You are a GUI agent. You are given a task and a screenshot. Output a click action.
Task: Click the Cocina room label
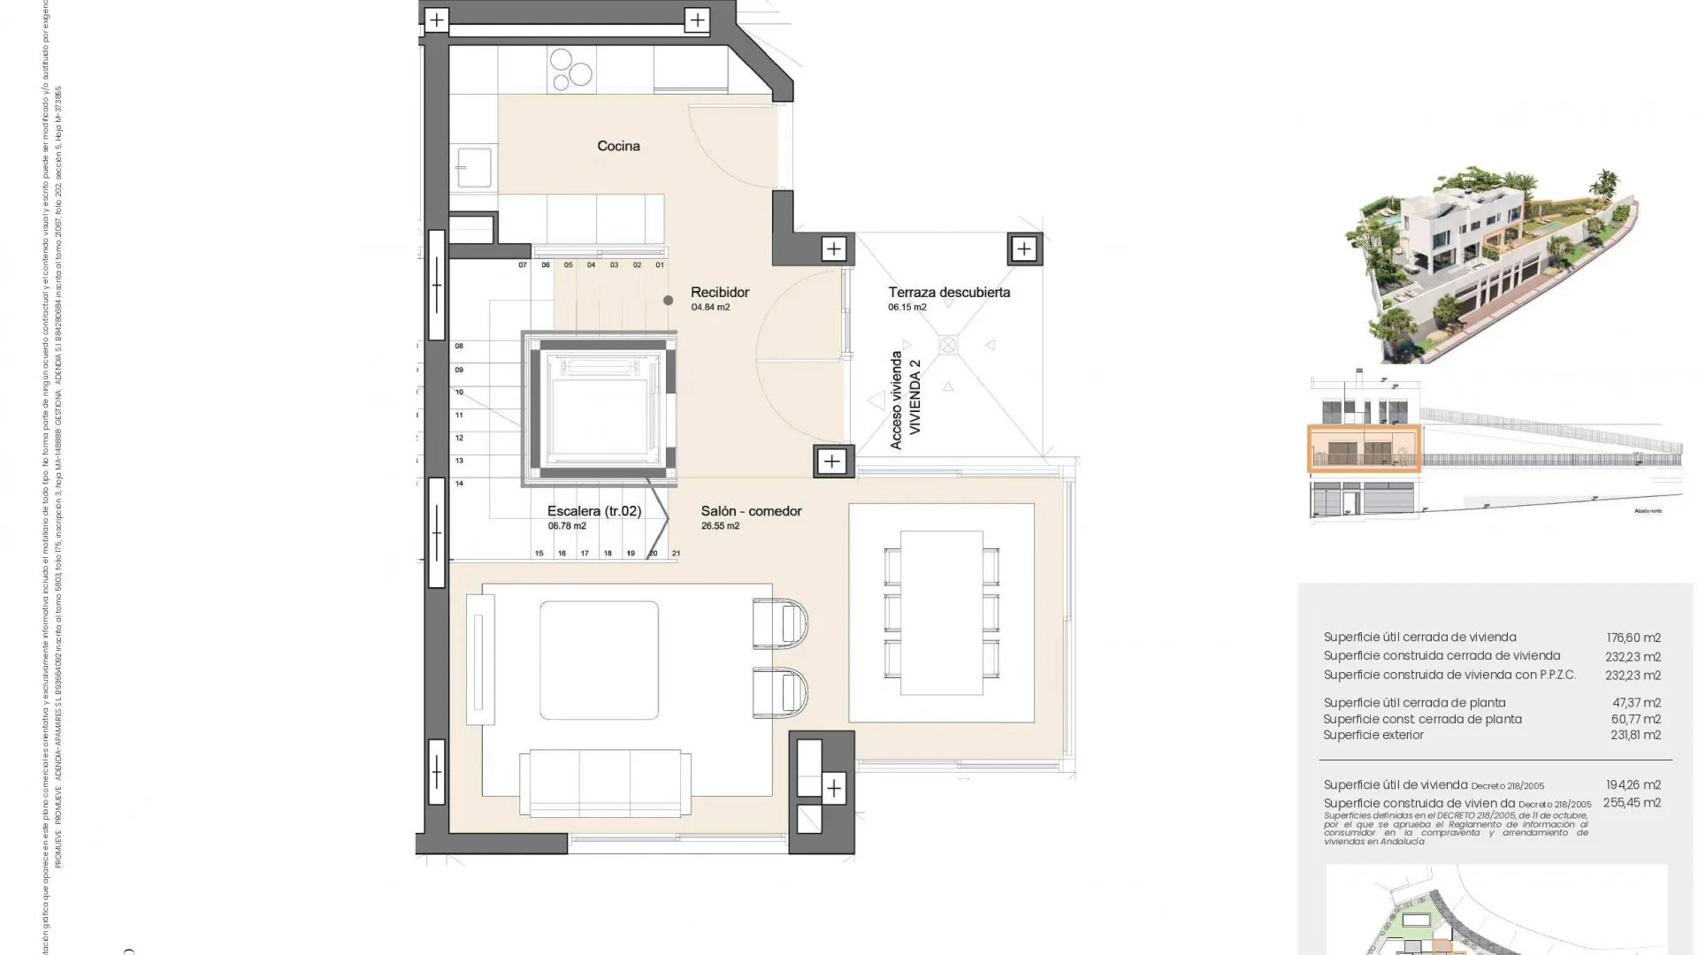tap(618, 146)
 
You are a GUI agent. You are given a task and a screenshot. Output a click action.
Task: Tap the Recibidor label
tap(720, 292)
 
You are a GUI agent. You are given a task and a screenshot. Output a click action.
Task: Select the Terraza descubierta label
tap(949, 292)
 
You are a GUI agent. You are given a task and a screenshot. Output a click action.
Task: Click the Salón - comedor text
tap(751, 511)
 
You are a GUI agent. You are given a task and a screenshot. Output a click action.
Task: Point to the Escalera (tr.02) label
tap(594, 511)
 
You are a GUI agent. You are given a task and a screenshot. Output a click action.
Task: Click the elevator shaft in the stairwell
tap(600, 409)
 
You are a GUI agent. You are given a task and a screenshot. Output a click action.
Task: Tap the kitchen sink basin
tap(473, 167)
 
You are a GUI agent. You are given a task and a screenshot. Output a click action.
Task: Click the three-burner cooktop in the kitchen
tap(570, 70)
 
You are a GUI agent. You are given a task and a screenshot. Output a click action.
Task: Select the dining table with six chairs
tap(941, 613)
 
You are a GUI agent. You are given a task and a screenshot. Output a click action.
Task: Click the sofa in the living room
tap(605, 781)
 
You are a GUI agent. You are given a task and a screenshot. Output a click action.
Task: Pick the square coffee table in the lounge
tap(599, 661)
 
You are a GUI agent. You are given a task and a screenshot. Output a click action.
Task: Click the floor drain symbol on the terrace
tap(948, 345)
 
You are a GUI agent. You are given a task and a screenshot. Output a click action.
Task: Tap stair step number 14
tap(459, 484)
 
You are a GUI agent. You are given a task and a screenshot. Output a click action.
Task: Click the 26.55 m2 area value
tap(720, 526)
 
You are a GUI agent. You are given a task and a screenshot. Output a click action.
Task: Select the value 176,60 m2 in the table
tap(1633, 638)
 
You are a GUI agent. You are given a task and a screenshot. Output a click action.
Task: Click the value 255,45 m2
tap(1633, 803)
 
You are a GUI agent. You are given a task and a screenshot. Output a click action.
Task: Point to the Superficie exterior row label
tap(1373, 735)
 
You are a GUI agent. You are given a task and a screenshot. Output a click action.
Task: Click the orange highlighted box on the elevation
tap(1364, 449)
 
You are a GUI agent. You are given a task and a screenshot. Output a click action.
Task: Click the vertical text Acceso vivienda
tap(896, 400)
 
